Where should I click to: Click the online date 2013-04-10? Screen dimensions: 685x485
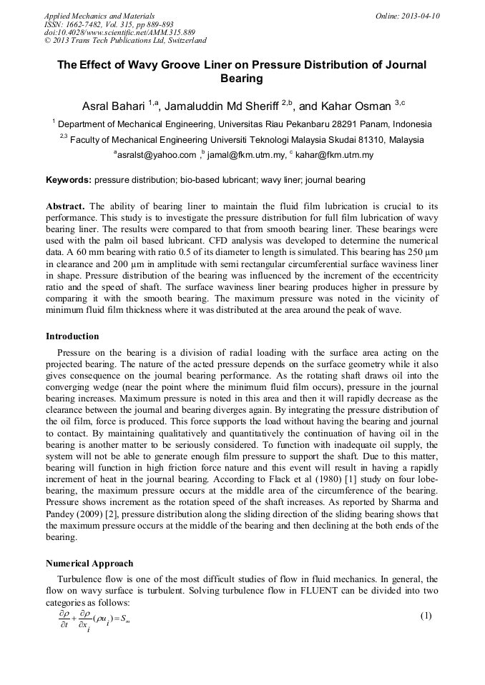click(x=421, y=16)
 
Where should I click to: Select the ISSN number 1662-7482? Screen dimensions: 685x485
click(x=86, y=24)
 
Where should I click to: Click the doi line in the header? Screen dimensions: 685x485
click(x=119, y=33)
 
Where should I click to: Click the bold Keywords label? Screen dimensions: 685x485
click(x=69, y=180)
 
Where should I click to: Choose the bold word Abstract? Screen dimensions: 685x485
click(x=66, y=206)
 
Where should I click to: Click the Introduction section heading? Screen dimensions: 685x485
click(x=72, y=336)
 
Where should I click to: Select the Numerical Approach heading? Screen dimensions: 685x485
click(x=89, y=564)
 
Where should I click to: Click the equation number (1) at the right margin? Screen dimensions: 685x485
click(x=426, y=616)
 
